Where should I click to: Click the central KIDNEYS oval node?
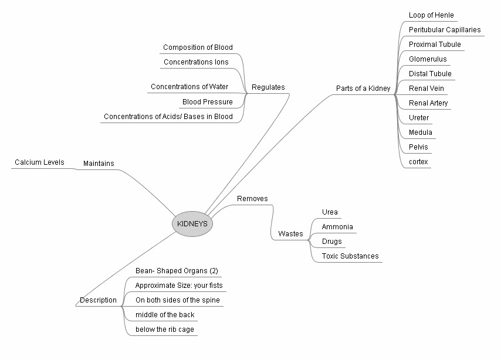pos(192,224)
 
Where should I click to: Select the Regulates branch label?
pos(268,87)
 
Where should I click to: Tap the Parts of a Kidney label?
pos(363,89)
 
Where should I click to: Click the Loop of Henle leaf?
pos(431,15)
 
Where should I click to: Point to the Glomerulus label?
pos(427,59)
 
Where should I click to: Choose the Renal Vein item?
pos(426,89)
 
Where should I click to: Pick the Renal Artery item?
pos(428,103)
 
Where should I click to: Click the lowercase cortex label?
pos(418,162)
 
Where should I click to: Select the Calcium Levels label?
pos(39,162)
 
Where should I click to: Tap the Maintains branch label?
pos(99,163)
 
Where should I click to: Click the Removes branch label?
pos(252,199)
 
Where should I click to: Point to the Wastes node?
pos(290,234)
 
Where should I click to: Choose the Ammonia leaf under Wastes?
pos(337,227)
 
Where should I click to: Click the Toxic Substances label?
pos(350,256)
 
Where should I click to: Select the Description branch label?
pos(98,300)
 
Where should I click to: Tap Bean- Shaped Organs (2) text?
pos(177,271)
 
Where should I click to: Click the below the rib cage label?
pos(164,330)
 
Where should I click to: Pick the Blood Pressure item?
pos(207,102)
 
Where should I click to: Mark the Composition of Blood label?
pos(198,47)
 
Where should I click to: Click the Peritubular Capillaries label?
pos(445,30)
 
